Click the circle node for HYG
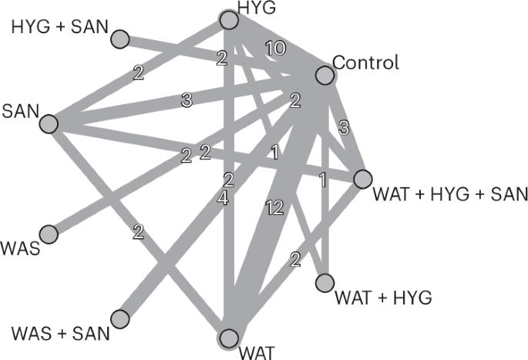coord(228,20)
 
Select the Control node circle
coord(325,75)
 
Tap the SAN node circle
coord(48,123)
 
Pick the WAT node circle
coord(228,338)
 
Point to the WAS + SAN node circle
coord(120,318)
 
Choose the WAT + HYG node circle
coord(325,283)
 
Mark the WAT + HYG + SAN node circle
coord(362,180)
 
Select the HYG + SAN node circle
coord(120,37)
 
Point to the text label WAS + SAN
coord(61,335)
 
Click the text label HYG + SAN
coord(59,28)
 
